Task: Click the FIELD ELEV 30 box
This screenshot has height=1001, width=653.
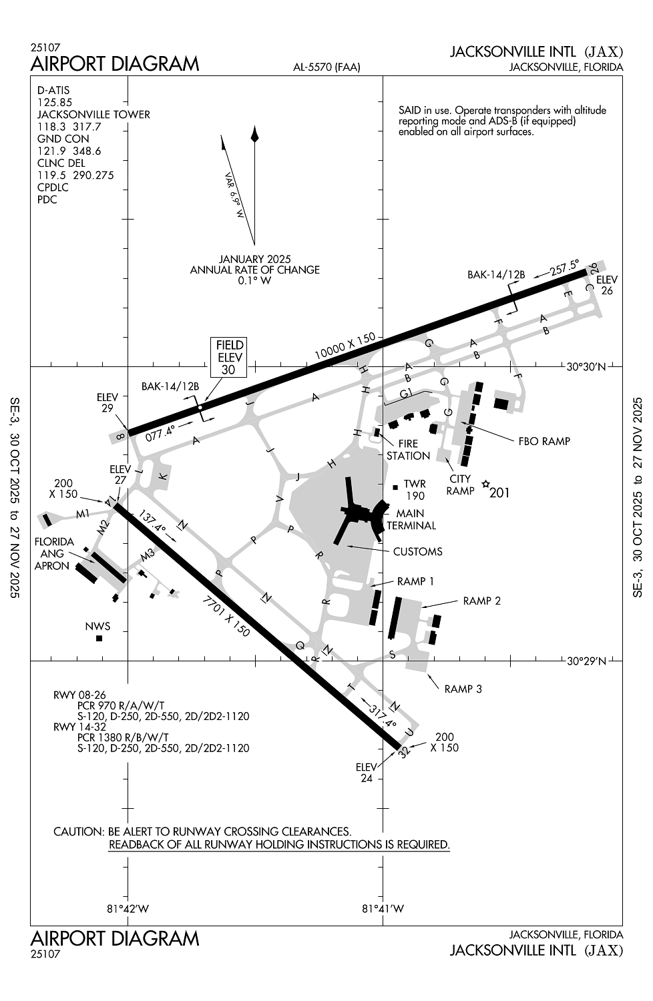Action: click(229, 357)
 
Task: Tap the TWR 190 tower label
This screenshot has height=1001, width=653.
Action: click(415, 490)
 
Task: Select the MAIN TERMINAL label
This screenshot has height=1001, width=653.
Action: click(411, 519)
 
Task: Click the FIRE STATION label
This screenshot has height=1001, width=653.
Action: click(408, 449)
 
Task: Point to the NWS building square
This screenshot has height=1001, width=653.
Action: click(99, 638)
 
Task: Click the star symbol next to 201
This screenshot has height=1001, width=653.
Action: click(485, 484)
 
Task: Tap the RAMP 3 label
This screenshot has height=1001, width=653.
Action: click(463, 689)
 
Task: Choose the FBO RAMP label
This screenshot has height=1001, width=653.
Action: click(544, 441)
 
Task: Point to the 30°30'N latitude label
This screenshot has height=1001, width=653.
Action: click(586, 366)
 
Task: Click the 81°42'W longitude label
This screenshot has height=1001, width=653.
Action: click(128, 908)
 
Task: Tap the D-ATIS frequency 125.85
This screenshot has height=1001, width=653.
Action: click(55, 102)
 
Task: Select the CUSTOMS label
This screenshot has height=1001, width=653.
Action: click(417, 551)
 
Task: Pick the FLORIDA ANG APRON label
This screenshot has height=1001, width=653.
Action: click(53, 553)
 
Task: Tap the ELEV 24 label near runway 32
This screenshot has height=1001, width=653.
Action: click(366, 772)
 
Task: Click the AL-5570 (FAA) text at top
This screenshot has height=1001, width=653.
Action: click(326, 67)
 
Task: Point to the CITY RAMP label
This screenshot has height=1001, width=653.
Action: click(460, 484)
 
